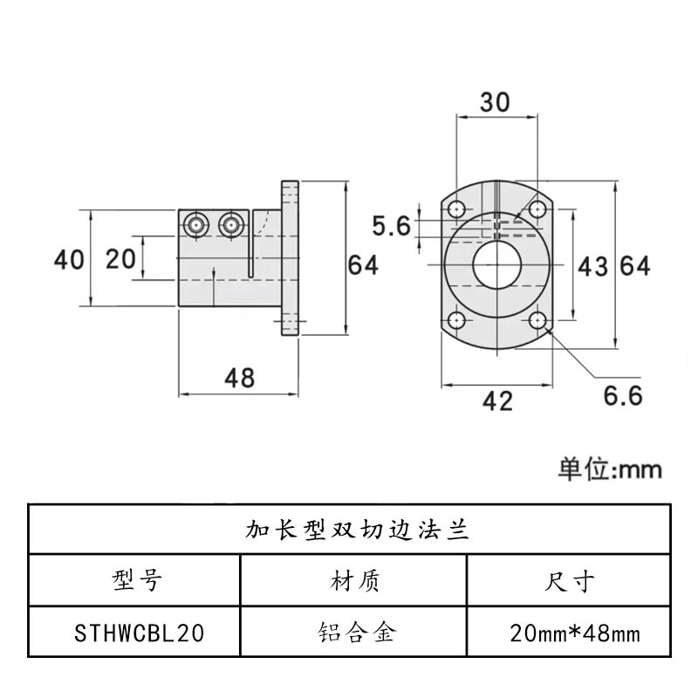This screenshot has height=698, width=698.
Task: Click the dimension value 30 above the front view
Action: [496, 102]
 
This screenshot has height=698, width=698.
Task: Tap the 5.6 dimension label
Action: [391, 227]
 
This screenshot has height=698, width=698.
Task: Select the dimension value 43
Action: [592, 266]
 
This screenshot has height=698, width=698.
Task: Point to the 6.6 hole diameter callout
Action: [623, 395]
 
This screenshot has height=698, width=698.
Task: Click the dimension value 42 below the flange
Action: [497, 400]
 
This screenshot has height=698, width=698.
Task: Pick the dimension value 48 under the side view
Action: [239, 378]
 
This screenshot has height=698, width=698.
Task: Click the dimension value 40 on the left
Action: [69, 259]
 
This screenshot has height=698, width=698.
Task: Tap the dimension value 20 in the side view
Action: [120, 259]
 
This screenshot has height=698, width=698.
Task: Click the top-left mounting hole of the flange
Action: [456, 209]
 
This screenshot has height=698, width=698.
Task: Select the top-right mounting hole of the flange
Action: [538, 209]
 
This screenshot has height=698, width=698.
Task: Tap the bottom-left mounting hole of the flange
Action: [456, 321]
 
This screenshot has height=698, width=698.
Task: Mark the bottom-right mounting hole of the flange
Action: [538, 321]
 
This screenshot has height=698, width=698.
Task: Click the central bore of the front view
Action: [496, 265]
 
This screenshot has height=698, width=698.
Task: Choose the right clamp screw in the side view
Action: [231, 224]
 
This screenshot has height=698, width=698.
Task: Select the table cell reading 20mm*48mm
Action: [575, 633]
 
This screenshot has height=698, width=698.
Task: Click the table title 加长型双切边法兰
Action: [349, 528]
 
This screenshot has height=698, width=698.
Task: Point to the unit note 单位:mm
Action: [610, 469]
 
